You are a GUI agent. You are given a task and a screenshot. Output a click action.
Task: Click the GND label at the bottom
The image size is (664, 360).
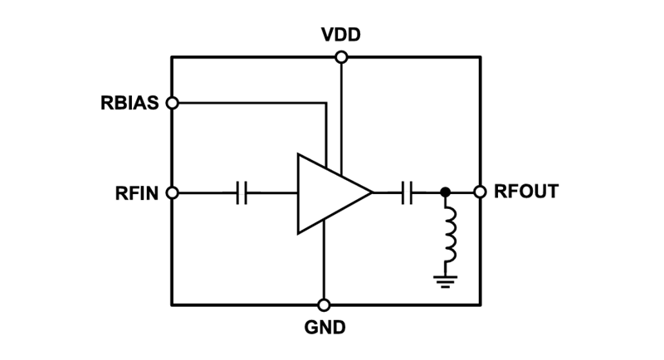[324, 326]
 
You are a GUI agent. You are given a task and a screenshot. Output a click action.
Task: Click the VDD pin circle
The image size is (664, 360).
[340, 56]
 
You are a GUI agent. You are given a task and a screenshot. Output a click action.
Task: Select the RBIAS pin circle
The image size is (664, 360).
[172, 104]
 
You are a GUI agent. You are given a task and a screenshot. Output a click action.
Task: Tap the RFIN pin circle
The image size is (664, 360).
[172, 193]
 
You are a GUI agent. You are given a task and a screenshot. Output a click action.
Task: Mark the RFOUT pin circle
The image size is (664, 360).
[480, 192]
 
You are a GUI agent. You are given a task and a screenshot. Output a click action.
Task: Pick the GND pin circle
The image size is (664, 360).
[324, 304]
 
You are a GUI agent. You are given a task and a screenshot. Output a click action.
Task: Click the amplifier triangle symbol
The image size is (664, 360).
[328, 193]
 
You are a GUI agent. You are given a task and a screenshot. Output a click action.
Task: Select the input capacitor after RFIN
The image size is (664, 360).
[242, 193]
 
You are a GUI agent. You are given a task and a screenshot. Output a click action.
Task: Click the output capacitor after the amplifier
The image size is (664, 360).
[407, 193]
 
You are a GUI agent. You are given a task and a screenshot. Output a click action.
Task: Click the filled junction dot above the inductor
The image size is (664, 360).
[447, 193]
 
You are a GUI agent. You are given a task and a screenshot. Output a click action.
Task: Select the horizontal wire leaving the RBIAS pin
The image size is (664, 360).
[249, 104]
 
